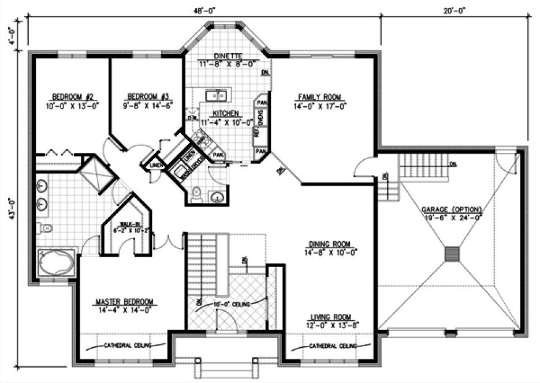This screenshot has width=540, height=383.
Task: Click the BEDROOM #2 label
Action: (x=69, y=96)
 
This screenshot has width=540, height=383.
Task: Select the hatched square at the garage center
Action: (x=452, y=254)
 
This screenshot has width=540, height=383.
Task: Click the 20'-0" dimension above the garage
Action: (x=454, y=10)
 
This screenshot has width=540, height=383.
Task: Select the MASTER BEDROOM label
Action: (x=125, y=302)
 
